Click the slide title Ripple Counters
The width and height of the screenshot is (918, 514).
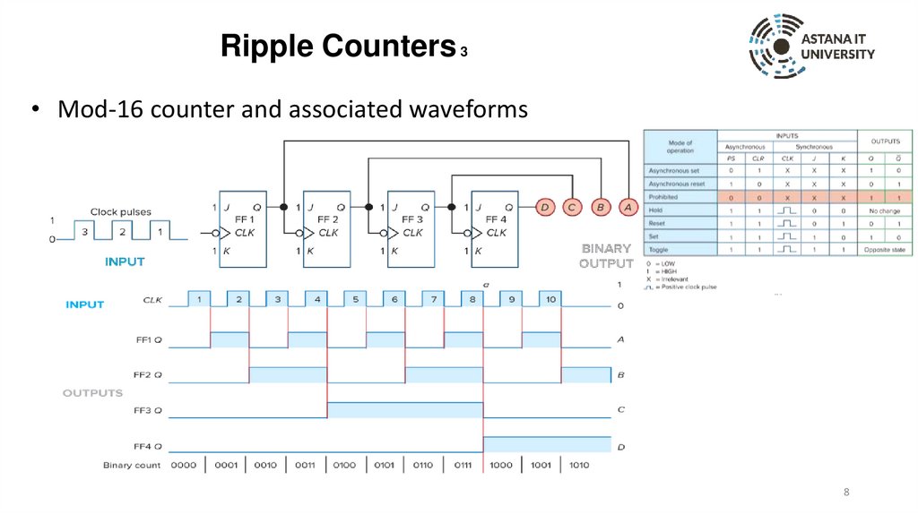pos(337,47)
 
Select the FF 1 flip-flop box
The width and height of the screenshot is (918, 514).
pos(243,225)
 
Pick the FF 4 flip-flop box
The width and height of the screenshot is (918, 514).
pos(495,225)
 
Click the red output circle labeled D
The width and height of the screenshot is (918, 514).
pos(544,208)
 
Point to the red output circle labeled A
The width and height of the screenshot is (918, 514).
pos(628,208)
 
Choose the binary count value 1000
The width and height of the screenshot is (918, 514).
pos(502,466)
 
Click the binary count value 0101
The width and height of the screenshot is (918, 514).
pos(385,466)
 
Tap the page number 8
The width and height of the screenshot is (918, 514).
pos(845,493)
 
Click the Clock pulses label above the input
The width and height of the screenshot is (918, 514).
pos(121,212)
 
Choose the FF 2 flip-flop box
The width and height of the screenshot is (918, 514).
pos(327,225)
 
